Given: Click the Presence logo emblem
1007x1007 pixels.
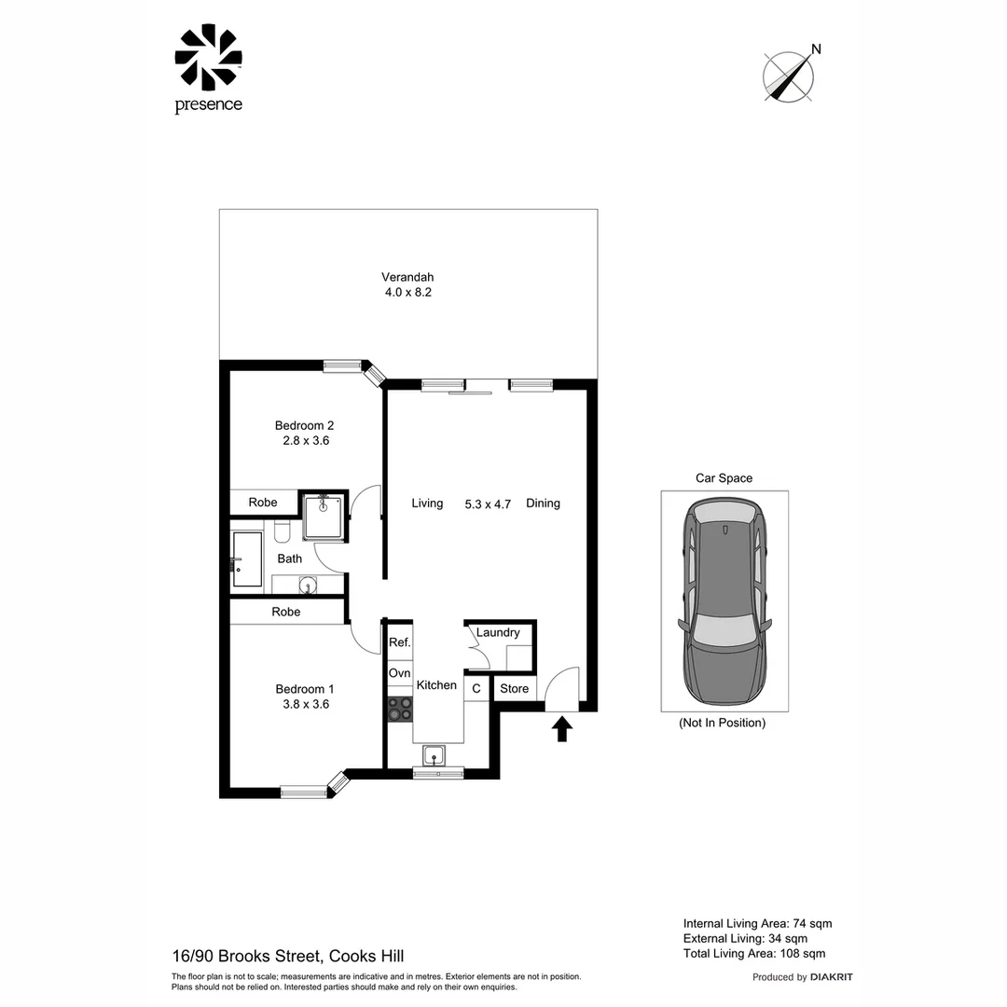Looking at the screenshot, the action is [208, 57].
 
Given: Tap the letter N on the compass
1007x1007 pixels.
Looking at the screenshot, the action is [816, 48].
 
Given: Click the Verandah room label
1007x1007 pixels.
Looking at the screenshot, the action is [407, 277].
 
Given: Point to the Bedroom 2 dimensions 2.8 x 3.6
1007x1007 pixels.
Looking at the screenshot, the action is [306, 440].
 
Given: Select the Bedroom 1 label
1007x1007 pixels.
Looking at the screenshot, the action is [304, 689].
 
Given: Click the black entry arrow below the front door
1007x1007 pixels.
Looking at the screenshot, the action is [562, 729].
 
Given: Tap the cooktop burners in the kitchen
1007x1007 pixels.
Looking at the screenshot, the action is [399, 710].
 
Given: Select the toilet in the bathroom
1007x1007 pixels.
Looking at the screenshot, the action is [283, 530].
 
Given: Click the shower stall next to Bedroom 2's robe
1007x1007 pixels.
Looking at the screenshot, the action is [324, 516].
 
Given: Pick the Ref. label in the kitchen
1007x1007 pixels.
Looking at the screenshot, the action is [399, 642].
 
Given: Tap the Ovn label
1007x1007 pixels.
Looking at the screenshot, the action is [399, 673].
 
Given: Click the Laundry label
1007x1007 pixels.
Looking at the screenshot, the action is [498, 632].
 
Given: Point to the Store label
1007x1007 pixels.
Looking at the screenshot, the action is [514, 688].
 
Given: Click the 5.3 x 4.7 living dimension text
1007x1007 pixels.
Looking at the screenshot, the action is [488, 504].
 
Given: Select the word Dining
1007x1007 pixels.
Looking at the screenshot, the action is [543, 504].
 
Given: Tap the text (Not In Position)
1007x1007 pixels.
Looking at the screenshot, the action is [723, 723].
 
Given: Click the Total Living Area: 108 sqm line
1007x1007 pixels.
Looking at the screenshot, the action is [754, 954].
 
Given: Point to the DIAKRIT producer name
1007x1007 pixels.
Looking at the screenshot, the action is [831, 977].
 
